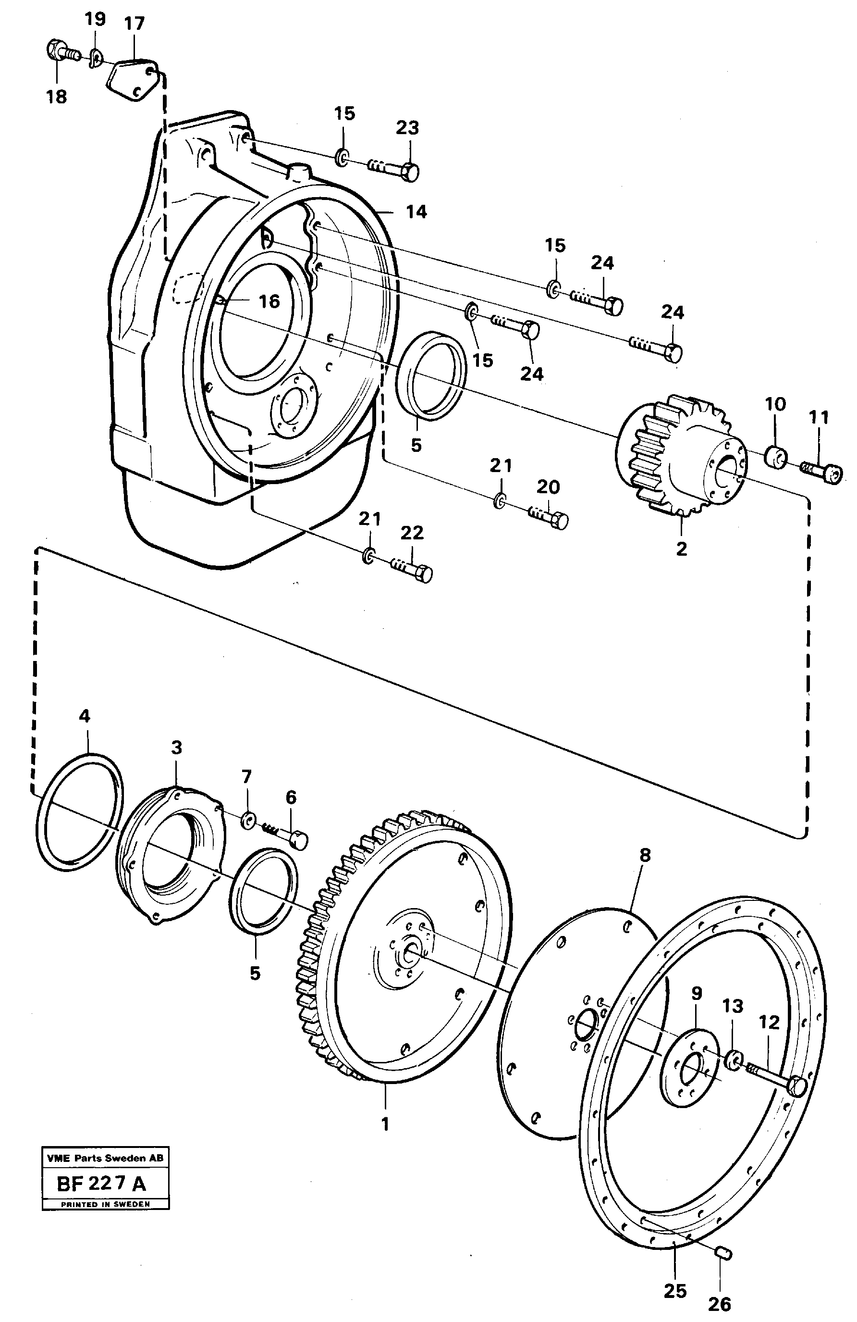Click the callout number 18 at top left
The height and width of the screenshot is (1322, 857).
[56, 96]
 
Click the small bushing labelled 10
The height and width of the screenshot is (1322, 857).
[776, 455]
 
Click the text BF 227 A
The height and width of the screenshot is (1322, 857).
[101, 1184]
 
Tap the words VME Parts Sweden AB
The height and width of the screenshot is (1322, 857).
[105, 1158]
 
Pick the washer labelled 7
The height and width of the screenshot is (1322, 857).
[247, 819]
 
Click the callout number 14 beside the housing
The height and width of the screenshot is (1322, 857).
[416, 212]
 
